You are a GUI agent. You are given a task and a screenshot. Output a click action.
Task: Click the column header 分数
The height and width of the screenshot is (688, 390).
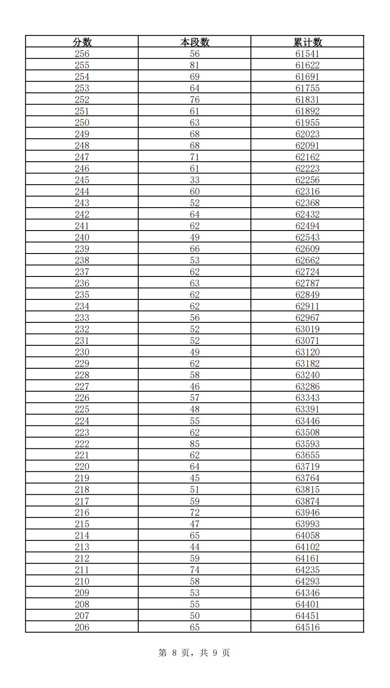point(82,42)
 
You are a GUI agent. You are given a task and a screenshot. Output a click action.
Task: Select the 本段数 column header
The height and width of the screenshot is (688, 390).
point(195,42)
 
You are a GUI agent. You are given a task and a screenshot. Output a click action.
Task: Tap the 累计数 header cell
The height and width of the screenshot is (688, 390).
point(308,42)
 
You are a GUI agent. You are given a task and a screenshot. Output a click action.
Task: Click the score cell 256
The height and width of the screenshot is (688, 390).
point(82,54)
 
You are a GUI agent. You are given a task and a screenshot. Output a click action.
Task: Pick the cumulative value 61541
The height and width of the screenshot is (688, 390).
point(308,54)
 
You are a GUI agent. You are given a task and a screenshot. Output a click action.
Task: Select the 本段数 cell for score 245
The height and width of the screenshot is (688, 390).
point(195,180)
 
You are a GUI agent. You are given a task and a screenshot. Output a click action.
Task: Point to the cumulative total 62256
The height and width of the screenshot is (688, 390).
point(308,180)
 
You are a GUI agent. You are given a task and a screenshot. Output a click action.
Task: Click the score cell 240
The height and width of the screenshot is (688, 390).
point(82,237)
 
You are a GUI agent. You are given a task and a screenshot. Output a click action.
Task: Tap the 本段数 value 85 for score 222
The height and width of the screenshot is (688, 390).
point(195,444)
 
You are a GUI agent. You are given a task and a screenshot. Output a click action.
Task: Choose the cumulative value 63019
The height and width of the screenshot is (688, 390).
point(308,329)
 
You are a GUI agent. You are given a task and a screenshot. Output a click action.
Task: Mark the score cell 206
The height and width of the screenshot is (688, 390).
point(82,627)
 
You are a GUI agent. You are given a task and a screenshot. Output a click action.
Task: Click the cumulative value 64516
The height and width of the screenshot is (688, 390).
point(308,627)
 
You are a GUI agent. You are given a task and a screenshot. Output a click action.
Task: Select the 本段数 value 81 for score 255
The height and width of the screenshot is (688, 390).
point(195,65)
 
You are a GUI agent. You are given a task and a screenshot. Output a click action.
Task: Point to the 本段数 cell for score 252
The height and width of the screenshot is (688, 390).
point(195,100)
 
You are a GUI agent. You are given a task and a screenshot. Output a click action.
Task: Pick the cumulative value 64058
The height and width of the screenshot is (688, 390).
point(308,535)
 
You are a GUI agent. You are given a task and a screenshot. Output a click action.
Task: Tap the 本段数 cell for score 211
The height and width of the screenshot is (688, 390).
point(195,570)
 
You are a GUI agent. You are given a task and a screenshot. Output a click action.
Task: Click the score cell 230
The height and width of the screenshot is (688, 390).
point(82,352)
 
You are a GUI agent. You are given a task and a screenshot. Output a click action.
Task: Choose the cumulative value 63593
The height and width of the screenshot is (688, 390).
point(308,444)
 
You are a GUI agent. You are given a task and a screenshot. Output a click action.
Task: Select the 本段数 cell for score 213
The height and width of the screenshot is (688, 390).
point(195,547)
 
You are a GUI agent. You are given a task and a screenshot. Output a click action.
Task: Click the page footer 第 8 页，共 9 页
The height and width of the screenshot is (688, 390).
point(195,653)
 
